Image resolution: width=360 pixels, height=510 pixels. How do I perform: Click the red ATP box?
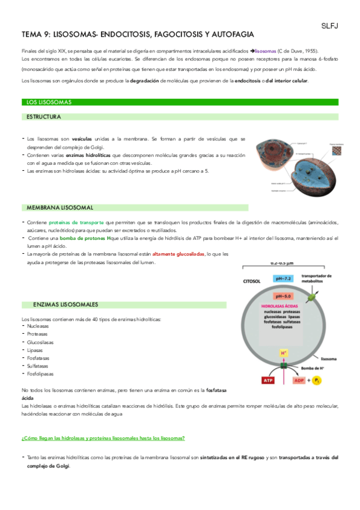click(x=267, y=380)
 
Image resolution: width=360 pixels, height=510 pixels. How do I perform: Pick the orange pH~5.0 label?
click(x=284, y=296)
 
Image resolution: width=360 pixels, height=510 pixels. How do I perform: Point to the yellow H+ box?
click(x=284, y=353)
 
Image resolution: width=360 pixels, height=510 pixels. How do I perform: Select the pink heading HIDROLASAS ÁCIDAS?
click(x=280, y=306)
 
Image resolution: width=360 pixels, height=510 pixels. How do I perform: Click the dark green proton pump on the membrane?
click(x=284, y=365)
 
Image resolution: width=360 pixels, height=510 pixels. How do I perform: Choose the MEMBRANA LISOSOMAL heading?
click(x=59, y=207)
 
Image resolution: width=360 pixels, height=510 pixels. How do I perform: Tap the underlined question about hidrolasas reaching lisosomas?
click(x=103, y=438)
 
